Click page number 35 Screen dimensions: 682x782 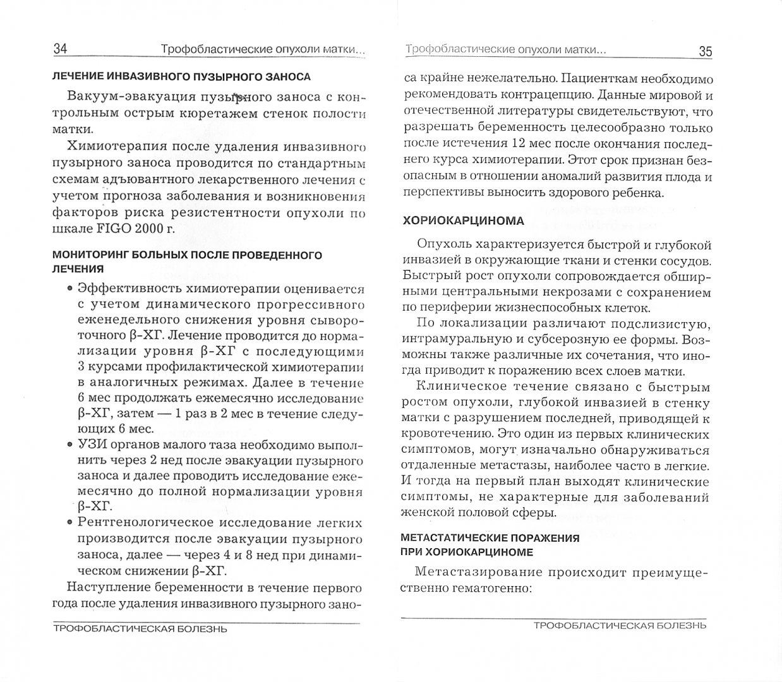[705, 52]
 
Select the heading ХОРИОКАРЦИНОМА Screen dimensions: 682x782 [463, 221]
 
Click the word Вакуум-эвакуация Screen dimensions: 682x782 [125, 98]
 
